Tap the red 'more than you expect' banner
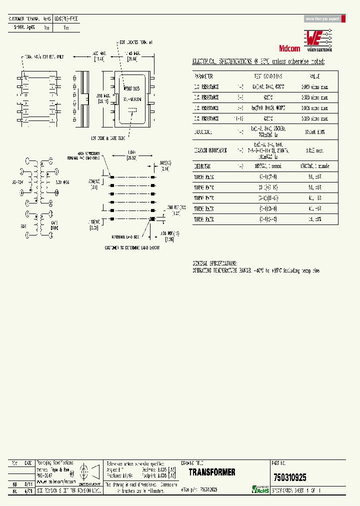click(x=322, y=18)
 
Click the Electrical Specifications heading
click(x=258, y=61)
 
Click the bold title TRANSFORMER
click(x=211, y=472)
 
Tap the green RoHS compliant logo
click(x=260, y=489)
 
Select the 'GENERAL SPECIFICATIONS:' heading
click(x=215, y=263)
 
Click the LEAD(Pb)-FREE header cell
click(x=66, y=18)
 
